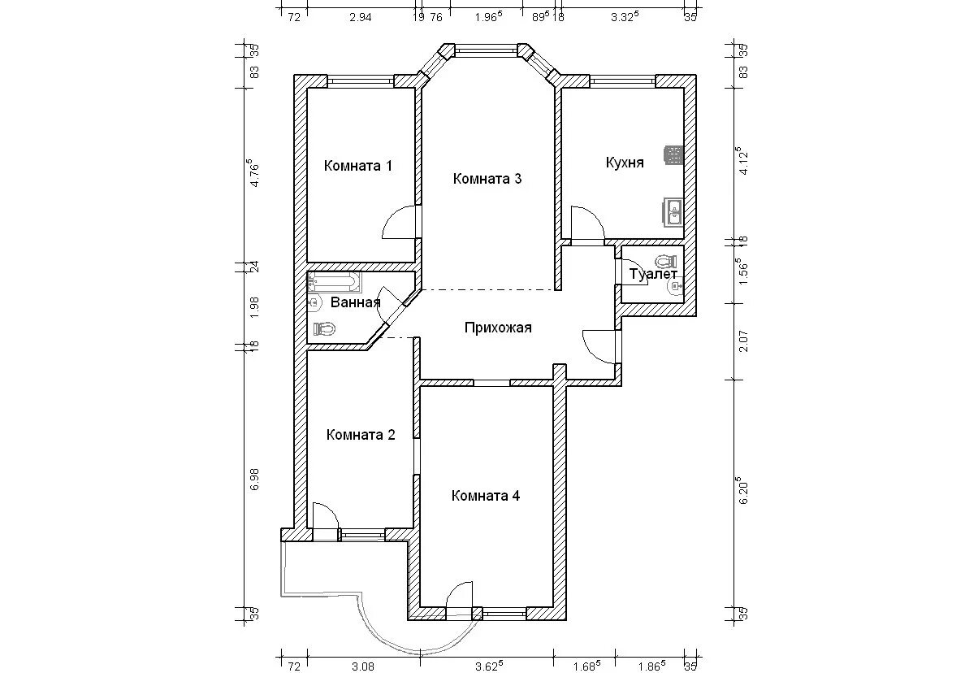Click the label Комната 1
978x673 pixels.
tap(358, 166)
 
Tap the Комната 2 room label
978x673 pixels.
tap(361, 435)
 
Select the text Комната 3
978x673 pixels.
tap(487, 179)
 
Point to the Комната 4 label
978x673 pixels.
tap(486, 496)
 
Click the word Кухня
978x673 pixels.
tap(625, 163)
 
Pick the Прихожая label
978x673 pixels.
tap(498, 328)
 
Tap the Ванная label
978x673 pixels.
tap(356, 302)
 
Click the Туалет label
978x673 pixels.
tap(653, 275)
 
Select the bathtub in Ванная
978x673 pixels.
tap(335, 282)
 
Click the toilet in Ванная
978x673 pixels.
tap(324, 328)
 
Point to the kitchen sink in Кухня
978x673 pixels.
tap(673, 212)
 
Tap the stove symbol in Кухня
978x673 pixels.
tap(673, 155)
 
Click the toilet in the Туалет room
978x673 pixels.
tap(666, 262)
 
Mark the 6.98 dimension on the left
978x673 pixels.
tap(255, 480)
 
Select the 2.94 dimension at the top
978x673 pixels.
tap(361, 17)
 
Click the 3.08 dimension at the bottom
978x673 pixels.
tap(363, 666)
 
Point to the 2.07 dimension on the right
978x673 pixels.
tap(744, 341)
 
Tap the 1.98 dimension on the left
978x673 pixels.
tap(255, 307)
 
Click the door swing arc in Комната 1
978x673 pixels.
tap(394, 217)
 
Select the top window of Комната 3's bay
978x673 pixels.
tap(486, 51)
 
